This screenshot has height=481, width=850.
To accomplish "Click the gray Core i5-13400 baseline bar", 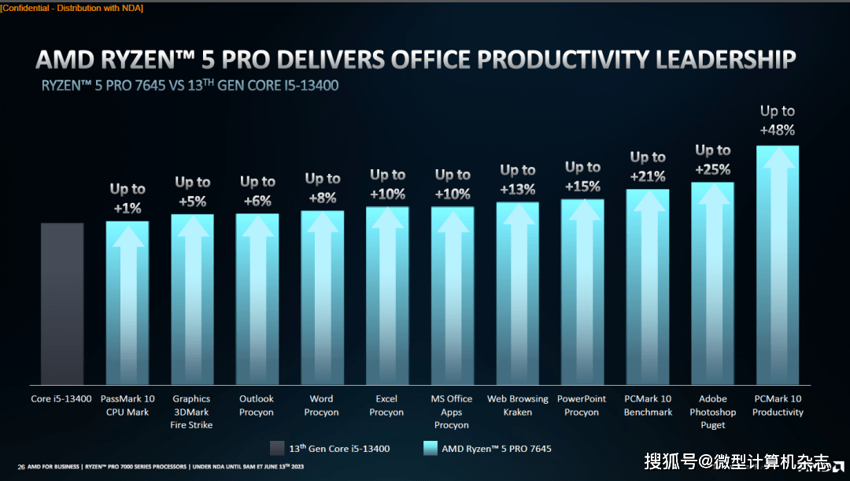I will [62, 303].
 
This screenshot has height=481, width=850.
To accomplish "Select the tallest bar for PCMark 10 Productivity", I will [778, 264].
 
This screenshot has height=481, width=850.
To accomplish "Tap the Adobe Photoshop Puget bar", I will [712, 283].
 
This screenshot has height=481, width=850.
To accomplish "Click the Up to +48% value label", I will [778, 120].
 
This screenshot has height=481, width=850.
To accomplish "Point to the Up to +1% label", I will [128, 198].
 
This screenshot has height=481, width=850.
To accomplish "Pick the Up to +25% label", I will [712, 159].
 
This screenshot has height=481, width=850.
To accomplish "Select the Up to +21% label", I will [648, 166].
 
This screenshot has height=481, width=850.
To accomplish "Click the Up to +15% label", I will [582, 176].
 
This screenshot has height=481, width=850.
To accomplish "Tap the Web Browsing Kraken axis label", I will [517, 405].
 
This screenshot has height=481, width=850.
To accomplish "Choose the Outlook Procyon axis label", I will [257, 405].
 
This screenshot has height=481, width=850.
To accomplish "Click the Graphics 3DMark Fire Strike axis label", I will [191, 412].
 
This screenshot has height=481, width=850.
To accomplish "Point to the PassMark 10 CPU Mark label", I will [128, 405].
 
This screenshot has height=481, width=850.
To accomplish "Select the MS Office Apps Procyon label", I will [452, 412].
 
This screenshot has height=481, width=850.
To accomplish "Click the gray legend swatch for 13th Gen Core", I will [276, 449].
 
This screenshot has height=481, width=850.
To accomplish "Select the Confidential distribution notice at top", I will [72, 8].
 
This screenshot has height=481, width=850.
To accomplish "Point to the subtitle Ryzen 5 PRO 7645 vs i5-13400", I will [190, 85].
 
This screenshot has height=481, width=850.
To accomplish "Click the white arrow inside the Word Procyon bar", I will [322, 299].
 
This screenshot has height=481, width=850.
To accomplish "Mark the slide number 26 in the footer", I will [21, 467].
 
